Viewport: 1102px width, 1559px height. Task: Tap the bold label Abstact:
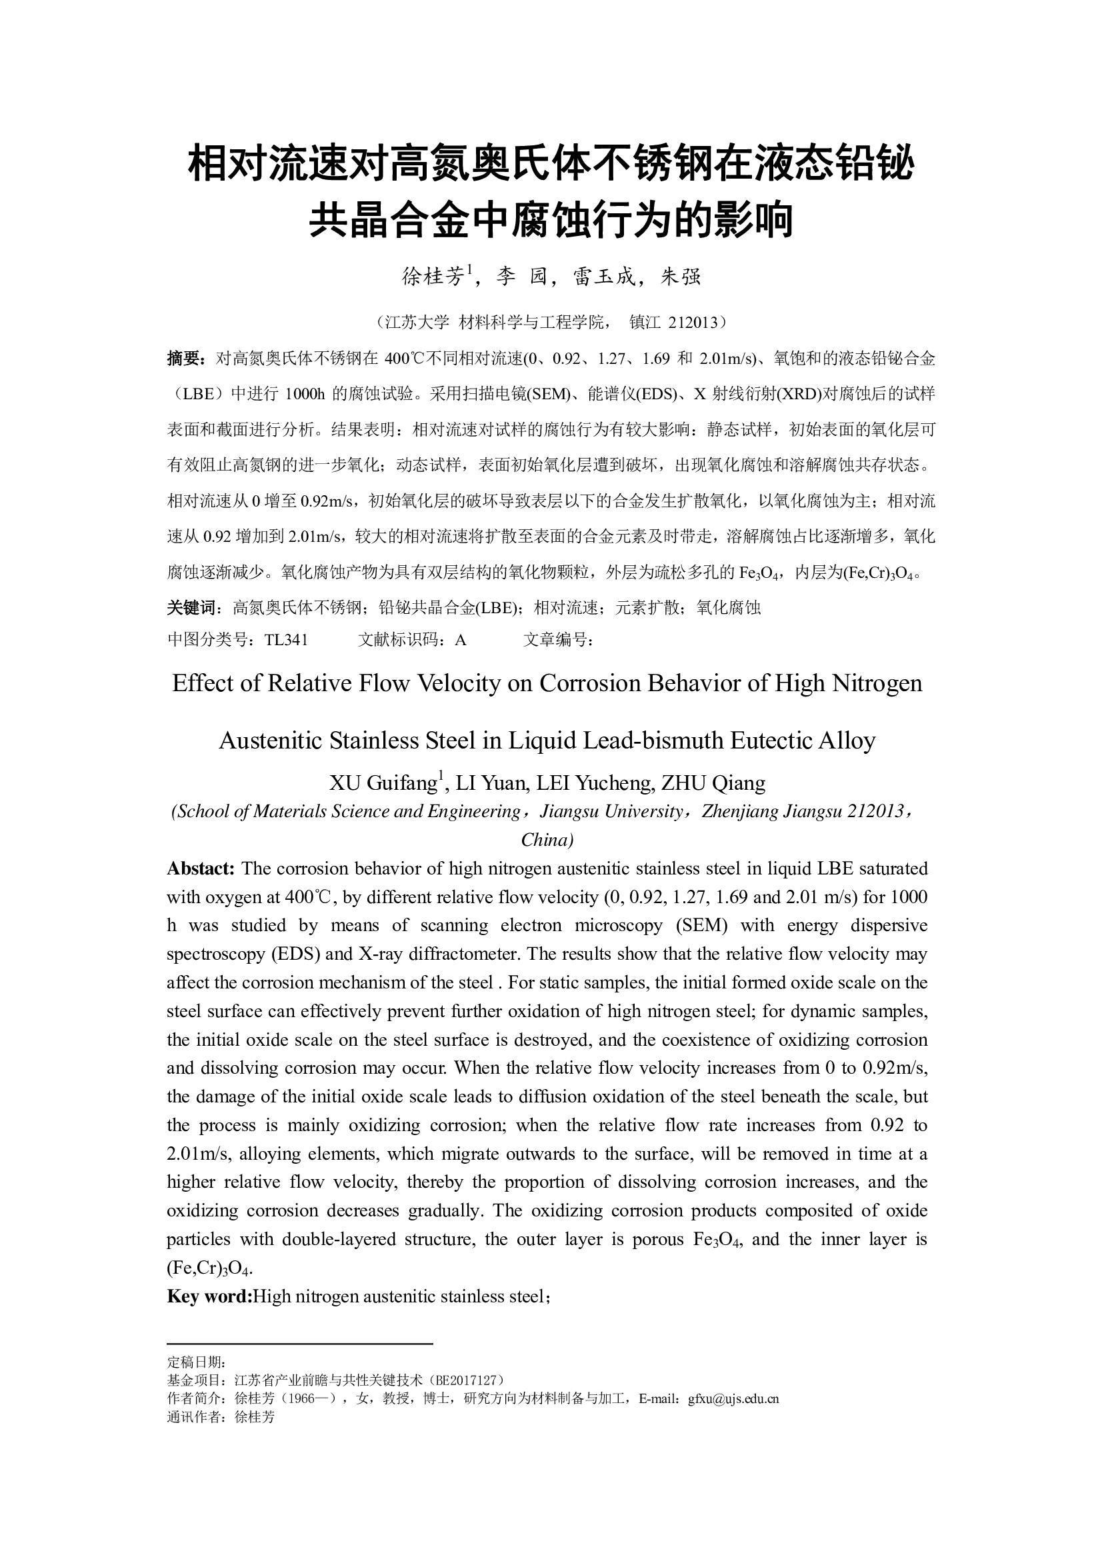[200, 868]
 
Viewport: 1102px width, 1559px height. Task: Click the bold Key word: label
[209, 1296]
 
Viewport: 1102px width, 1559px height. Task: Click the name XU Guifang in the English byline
[383, 783]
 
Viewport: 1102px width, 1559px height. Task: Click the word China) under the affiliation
[547, 840]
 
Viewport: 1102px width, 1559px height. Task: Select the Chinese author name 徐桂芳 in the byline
[433, 277]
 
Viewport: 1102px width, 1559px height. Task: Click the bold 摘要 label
[184, 358]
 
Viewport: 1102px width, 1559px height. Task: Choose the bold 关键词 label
[192, 608]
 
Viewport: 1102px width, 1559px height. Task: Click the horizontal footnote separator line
[299, 1343]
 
